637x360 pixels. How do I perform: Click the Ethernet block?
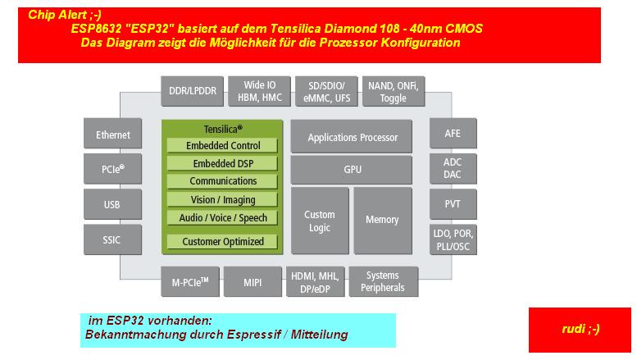[113, 134]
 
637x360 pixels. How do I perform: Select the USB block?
[113, 204]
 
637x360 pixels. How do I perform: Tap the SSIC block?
[113, 239]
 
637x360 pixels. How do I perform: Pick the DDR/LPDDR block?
[193, 91]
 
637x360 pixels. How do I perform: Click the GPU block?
[352, 170]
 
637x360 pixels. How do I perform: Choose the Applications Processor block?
[352, 136]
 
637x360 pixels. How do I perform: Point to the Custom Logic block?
[320, 221]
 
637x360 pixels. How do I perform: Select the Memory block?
[383, 221]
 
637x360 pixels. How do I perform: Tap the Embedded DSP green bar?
[223, 163]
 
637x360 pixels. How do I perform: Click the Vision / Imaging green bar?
[223, 199]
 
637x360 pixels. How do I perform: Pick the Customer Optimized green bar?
[223, 242]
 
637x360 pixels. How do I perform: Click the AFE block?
[453, 134]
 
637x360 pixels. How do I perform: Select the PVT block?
[453, 204]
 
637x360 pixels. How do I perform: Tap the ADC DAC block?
[453, 169]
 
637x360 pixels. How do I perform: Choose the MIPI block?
[253, 281]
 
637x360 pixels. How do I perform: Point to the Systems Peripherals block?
[384, 281]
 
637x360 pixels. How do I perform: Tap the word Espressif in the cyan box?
[254, 335]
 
